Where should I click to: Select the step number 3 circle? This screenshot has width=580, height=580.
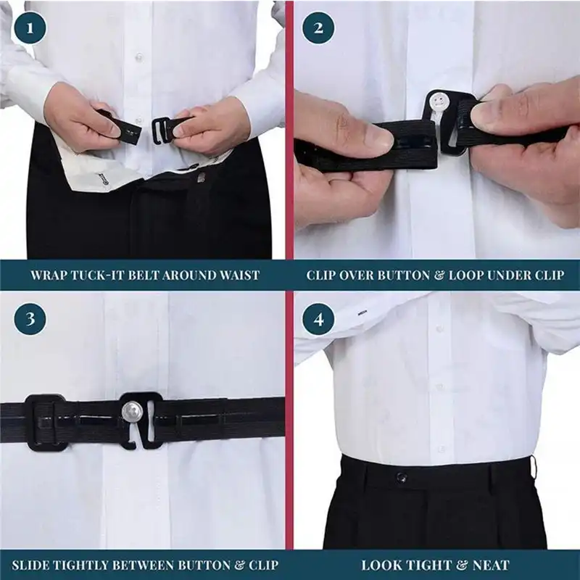pos(30,318)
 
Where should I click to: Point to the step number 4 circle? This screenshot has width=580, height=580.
pos(318,318)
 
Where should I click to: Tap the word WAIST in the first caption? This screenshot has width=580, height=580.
pos(240,275)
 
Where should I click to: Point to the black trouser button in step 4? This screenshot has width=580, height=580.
pos(401,477)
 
